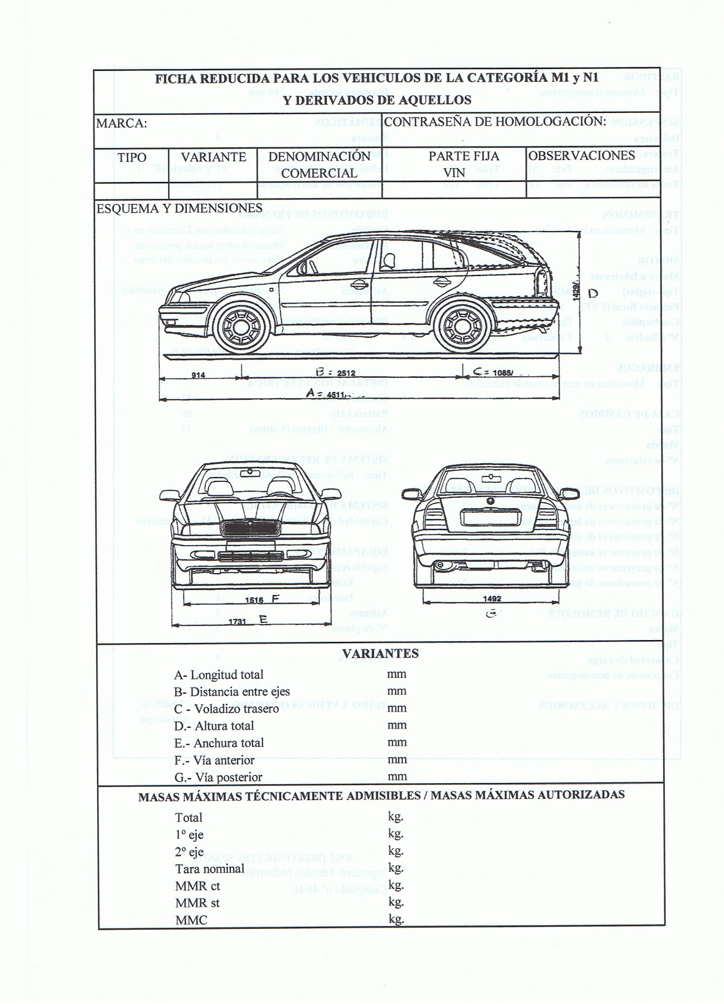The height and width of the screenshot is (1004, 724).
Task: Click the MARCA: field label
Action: pos(121,124)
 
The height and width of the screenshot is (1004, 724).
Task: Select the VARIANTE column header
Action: pos(213,157)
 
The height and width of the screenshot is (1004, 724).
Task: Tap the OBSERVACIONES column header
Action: pos(582,155)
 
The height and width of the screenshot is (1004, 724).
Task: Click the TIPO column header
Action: pos(132,158)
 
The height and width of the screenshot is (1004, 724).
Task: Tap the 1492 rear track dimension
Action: pos(492,599)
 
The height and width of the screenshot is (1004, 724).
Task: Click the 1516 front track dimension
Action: pos(255,599)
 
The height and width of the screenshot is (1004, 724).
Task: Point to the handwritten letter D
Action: pos(594,293)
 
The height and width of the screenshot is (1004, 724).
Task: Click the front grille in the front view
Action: pos(251,529)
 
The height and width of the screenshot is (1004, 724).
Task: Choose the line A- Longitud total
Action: pos(218,675)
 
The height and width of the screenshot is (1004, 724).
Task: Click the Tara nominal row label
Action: pos(210,869)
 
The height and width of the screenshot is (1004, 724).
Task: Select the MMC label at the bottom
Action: pos(191,921)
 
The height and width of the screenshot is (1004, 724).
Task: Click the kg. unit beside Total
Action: pos(395,817)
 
